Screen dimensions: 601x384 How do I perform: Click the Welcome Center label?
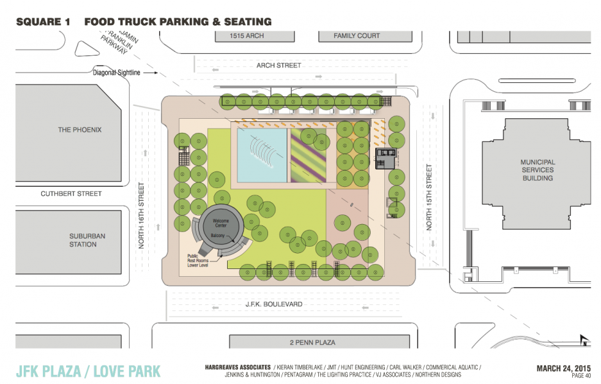coord(221,223)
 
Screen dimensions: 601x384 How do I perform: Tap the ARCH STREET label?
coord(278,65)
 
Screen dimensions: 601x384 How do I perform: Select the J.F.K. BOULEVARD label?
coord(274,304)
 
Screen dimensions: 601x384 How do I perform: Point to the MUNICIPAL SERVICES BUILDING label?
coord(538,170)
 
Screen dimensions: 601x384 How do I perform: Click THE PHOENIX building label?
coord(80,130)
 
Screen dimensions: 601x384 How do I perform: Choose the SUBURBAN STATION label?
coord(87,240)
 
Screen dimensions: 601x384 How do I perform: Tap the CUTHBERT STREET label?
coord(71,194)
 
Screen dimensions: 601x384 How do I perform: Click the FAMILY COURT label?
coord(357,36)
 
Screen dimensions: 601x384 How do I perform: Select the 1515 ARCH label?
coord(247,36)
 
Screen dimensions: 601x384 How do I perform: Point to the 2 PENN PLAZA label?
coord(312,342)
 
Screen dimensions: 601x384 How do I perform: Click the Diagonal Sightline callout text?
coord(117,73)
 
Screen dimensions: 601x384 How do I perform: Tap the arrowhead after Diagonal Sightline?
coord(156,73)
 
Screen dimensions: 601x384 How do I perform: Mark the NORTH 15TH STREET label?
coord(429,198)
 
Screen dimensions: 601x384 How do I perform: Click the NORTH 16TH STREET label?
coord(141,216)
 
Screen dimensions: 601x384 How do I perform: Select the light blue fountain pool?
coord(262,155)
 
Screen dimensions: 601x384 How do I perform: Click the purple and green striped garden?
coord(309,155)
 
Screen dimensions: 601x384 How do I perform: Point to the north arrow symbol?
coord(584,340)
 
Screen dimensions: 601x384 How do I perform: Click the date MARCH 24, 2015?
coord(563,369)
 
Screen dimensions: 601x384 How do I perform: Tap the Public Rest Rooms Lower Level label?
coord(198,261)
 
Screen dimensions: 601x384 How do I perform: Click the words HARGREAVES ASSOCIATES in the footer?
coord(237,367)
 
